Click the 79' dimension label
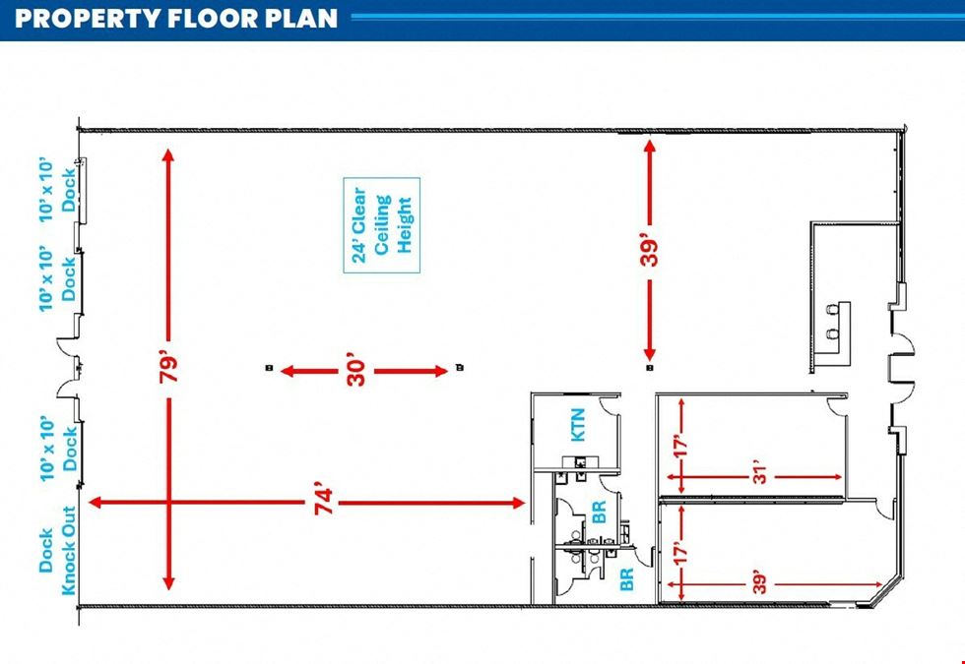168,367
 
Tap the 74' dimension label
324,502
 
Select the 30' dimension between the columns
356,370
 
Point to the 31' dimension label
761,476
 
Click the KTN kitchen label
579,425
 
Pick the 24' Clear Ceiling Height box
382,225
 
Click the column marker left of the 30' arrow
269,368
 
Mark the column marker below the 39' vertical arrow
649,368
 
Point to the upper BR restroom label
599,513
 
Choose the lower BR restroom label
626,579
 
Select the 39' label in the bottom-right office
761,584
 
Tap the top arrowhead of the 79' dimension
168,155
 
